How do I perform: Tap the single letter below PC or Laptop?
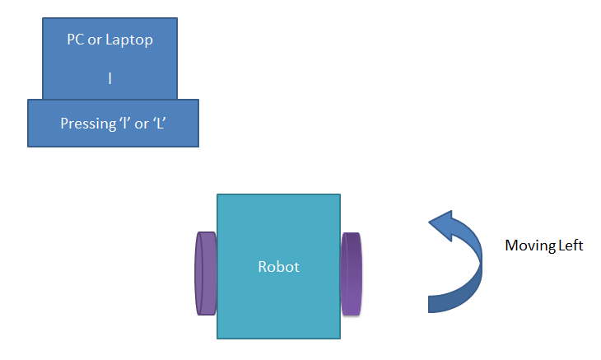pyautogui.click(x=110, y=80)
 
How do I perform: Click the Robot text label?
pyautogui.click(x=278, y=267)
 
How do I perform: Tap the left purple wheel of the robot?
pyautogui.click(x=204, y=274)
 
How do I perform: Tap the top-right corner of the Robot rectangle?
pyautogui.click(x=340, y=194)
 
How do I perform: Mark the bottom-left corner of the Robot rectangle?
pyautogui.click(x=217, y=339)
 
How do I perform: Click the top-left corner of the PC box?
pyautogui.click(x=43, y=16)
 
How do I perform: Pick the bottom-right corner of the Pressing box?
pyautogui.click(x=198, y=147)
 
